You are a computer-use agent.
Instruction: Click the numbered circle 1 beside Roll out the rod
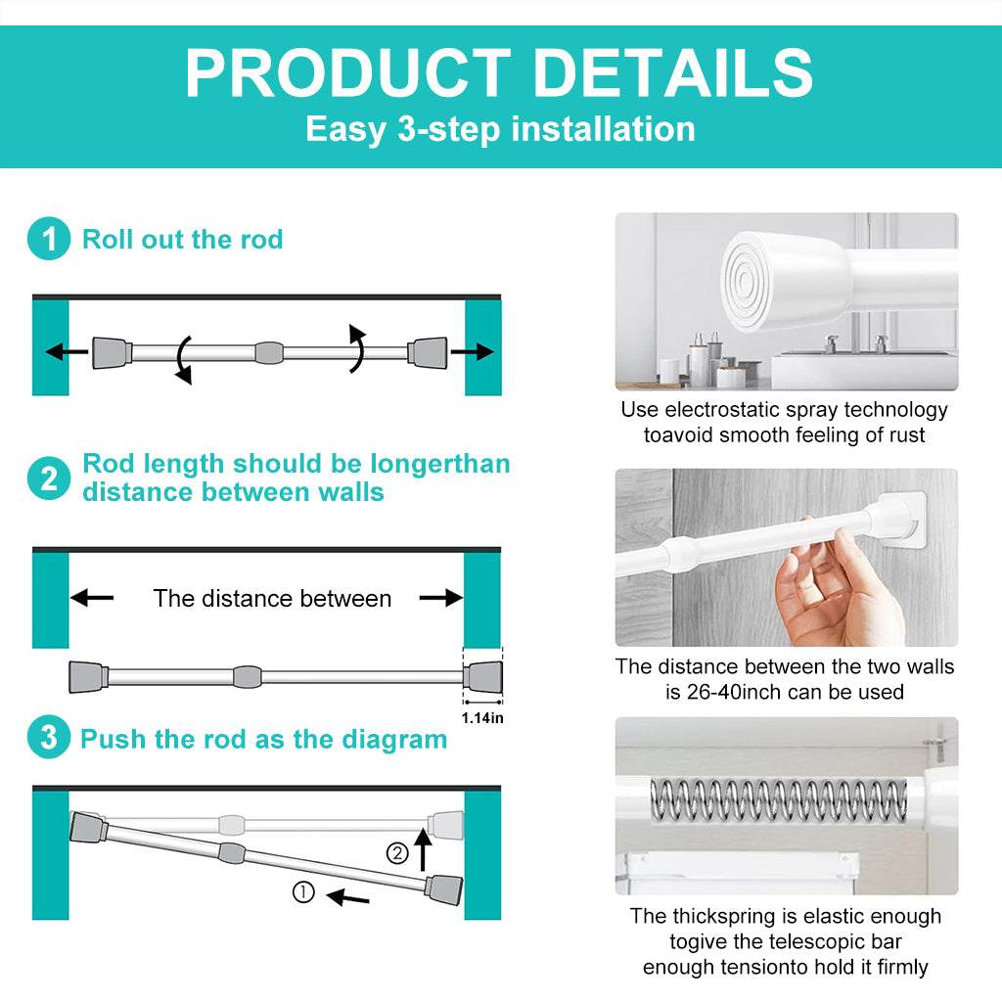point(49,239)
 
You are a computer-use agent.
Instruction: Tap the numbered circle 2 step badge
point(49,478)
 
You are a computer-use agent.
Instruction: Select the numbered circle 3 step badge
point(49,737)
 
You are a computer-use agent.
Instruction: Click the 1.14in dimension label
point(482,718)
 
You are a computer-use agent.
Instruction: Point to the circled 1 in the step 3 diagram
point(303,892)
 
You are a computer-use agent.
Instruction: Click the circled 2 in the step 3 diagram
point(397,853)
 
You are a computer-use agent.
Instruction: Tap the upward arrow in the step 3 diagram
point(423,850)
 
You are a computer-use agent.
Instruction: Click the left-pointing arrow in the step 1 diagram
point(68,351)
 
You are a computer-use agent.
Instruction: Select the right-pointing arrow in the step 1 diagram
point(473,351)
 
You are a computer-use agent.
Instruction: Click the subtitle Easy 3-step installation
point(500,129)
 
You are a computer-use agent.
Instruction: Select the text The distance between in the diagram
point(272,598)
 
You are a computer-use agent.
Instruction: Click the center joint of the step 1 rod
point(269,352)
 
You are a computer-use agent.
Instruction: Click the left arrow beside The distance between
point(92,598)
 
